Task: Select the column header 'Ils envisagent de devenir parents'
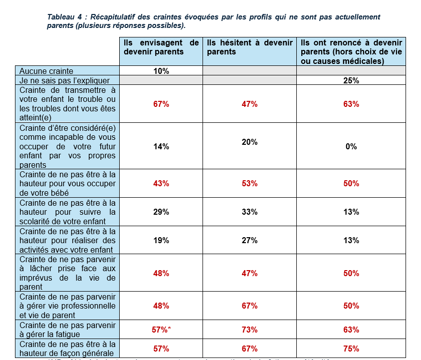coord(161,47)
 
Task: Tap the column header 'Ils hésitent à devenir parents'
coord(249,47)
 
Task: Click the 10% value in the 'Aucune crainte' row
coord(161,71)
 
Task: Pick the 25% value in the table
coord(351,80)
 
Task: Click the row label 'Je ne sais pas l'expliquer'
coord(64,80)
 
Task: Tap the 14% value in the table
coord(161,147)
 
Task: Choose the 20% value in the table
coord(249,142)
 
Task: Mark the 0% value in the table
coord(351,147)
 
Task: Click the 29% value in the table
coord(161,212)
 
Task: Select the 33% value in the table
coord(249,212)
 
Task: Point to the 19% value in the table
coord(161,241)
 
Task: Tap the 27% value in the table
coord(249,241)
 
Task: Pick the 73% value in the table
coord(249,330)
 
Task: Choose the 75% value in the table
coord(351,349)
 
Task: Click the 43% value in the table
coord(161,184)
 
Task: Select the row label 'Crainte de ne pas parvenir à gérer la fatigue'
coord(67,330)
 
